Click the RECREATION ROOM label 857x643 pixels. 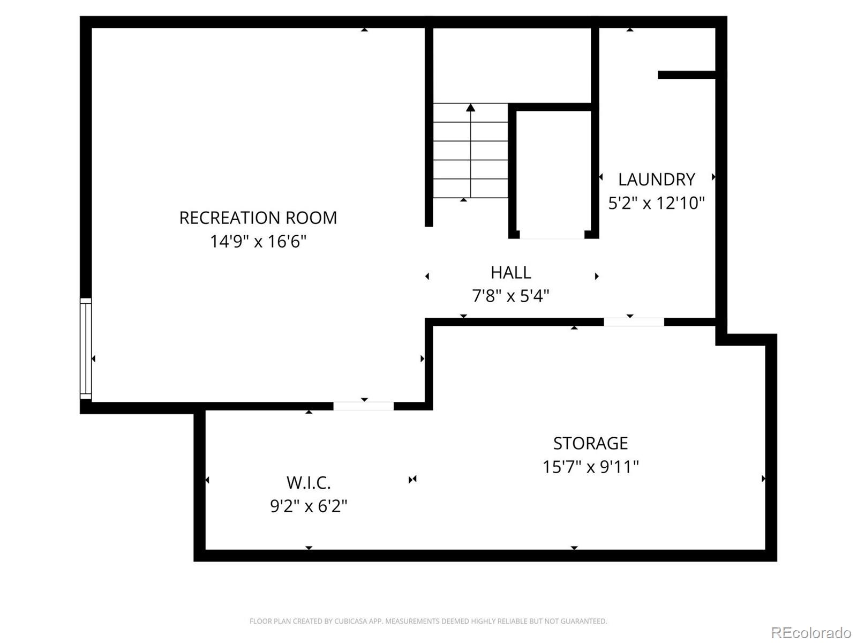click(x=258, y=218)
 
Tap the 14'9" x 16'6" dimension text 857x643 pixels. click(x=258, y=242)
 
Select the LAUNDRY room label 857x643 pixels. click(x=656, y=179)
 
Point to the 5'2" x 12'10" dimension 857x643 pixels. click(x=656, y=203)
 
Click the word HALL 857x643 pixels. click(x=510, y=272)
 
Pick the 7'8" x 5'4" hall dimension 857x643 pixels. click(x=510, y=296)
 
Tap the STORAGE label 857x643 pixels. click(x=590, y=443)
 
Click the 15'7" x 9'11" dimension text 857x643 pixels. click(x=590, y=467)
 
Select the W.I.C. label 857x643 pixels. click(x=309, y=483)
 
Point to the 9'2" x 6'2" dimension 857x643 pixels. click(x=309, y=506)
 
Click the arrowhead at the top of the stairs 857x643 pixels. click(x=470, y=108)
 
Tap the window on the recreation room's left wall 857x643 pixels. click(x=86, y=348)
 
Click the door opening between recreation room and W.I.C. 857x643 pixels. click(x=363, y=406)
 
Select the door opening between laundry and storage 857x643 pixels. click(x=634, y=322)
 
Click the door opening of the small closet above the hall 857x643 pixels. click(x=552, y=235)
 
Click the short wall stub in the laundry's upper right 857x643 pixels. click(x=686, y=75)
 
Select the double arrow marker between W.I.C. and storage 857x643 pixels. click(x=412, y=479)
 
